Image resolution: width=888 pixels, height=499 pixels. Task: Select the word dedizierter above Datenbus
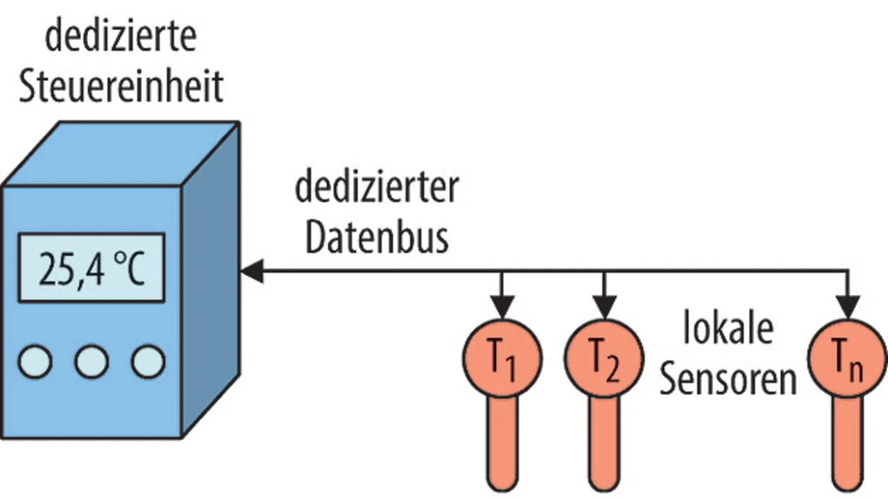[x=377, y=188]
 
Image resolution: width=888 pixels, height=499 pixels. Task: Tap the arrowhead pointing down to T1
[x=503, y=305]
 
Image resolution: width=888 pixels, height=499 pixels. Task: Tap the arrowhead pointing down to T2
[x=604, y=305]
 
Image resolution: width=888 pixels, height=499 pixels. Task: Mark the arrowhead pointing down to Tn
[x=847, y=305]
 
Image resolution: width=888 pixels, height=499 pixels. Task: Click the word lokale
[x=728, y=330]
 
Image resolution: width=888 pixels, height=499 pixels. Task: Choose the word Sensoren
[x=728, y=380]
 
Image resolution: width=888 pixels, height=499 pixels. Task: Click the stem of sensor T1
[x=503, y=444]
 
